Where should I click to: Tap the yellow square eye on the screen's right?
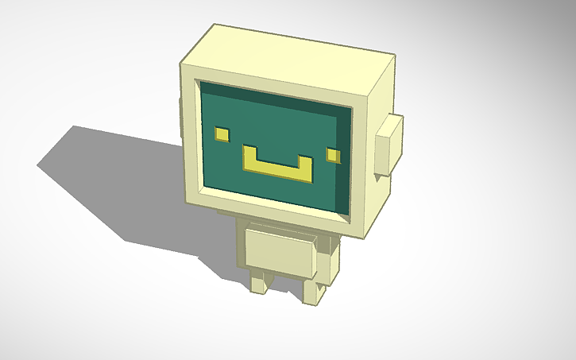334,153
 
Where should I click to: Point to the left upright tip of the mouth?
249,153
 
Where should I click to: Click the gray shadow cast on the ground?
119,183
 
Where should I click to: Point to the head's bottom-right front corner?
365,236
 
